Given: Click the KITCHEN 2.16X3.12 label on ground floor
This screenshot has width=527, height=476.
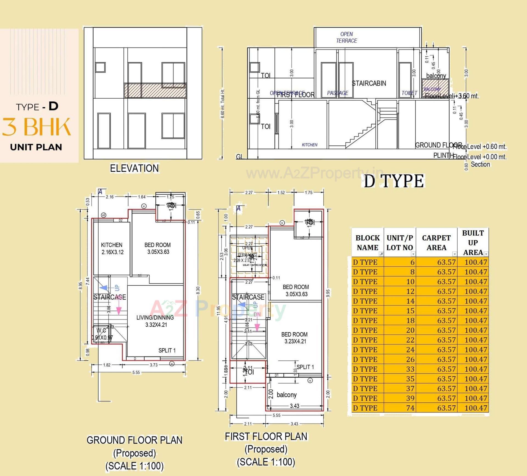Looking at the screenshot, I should pyautogui.click(x=112, y=248).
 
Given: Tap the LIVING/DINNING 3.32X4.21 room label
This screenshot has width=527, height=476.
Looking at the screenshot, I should pyautogui.click(x=155, y=321).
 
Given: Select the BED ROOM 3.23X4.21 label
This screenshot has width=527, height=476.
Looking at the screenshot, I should pyautogui.click(x=295, y=338).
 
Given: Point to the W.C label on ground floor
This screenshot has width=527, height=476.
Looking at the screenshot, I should pyautogui.click(x=101, y=330).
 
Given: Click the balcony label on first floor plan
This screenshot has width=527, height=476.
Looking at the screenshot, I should pyautogui.click(x=287, y=395).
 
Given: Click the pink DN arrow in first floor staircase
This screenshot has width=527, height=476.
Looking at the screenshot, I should pyautogui.click(x=257, y=325).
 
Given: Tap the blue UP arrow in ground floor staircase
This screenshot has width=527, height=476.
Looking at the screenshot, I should pyautogui.click(x=104, y=288).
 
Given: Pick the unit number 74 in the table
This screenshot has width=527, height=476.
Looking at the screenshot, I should pyautogui.click(x=410, y=408).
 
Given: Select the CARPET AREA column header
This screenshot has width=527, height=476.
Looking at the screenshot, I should pyautogui.click(x=436, y=243).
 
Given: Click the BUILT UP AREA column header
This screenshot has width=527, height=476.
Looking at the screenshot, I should pyautogui.click(x=473, y=243).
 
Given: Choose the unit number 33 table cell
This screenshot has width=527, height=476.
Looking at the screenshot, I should pyautogui.click(x=410, y=369).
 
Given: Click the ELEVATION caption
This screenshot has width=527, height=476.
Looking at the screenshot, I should pyautogui.click(x=134, y=168).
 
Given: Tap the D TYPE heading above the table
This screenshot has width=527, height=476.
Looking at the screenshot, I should pyautogui.click(x=394, y=181).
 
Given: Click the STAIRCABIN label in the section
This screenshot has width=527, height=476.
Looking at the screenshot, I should pyautogui.click(x=369, y=83).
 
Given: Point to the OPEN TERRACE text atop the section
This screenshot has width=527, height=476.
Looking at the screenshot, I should pyautogui.click(x=347, y=37).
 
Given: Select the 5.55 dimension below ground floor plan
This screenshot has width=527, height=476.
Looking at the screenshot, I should pyautogui.click(x=136, y=372).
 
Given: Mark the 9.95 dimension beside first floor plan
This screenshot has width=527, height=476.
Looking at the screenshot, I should pyautogui.click(x=328, y=293).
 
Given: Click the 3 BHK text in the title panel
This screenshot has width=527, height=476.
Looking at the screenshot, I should pyautogui.click(x=37, y=127).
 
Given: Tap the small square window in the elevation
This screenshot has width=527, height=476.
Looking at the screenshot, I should pyautogui.click(x=100, y=67).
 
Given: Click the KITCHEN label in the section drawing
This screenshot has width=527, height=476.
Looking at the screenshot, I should pyautogui.click(x=310, y=145).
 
